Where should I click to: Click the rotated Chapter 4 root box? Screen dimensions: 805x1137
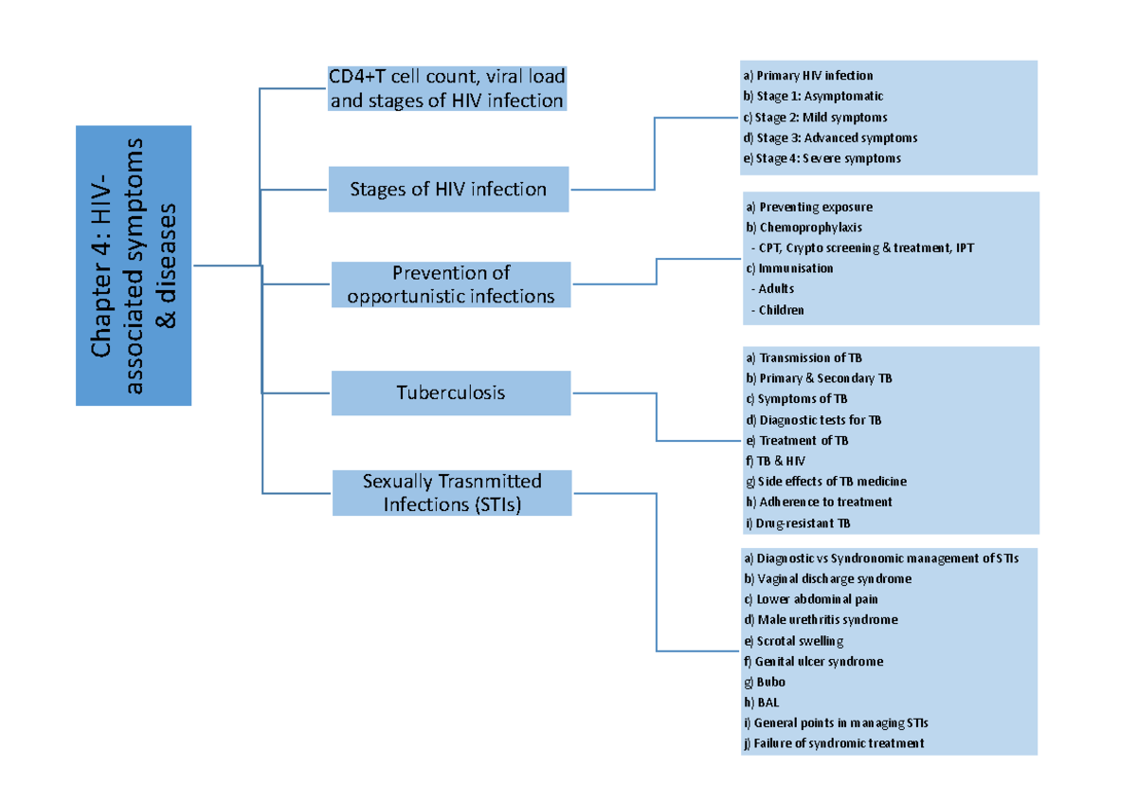[x=134, y=265]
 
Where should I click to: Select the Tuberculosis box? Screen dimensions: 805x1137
[x=450, y=393]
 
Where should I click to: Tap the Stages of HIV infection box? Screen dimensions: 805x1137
[x=448, y=189]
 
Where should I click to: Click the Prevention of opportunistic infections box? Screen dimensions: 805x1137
[x=450, y=284]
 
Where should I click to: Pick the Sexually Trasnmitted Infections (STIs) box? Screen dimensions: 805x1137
[x=452, y=493]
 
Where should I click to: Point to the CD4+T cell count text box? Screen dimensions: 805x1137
[x=446, y=88]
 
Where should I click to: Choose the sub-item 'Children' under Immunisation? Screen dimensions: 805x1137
[x=781, y=310]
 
